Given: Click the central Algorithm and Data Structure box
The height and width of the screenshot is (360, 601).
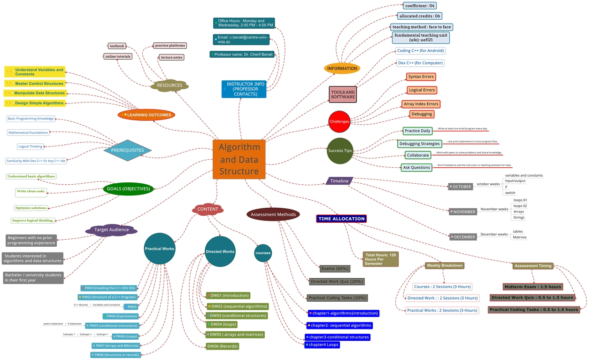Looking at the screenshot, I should [239, 159].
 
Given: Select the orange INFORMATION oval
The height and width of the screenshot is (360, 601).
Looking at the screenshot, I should [342, 68].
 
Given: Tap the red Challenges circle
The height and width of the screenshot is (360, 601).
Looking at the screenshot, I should [339, 121].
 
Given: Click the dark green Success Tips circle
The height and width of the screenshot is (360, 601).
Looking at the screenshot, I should [340, 151].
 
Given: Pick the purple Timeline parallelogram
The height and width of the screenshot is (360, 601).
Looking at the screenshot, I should [339, 181].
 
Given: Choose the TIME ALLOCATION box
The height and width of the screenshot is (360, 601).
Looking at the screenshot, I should [341, 219].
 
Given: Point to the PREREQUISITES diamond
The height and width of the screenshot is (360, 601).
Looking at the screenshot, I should [128, 150].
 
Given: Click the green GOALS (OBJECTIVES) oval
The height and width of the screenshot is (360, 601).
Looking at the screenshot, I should [128, 189].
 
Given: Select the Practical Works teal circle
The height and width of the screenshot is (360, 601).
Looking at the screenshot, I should [160, 249].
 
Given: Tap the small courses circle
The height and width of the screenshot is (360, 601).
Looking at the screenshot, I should [263, 253].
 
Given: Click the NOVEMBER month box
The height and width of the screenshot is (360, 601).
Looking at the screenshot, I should [462, 212].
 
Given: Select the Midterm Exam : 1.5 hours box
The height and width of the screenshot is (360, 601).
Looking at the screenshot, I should [532, 287].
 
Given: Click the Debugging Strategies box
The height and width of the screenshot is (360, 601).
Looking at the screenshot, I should [419, 143].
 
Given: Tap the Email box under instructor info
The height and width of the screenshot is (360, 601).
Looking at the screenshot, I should [242, 39].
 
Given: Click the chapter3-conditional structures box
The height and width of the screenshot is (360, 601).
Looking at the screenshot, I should [338, 337].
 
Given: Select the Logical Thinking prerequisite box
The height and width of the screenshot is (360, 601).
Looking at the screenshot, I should [31, 147].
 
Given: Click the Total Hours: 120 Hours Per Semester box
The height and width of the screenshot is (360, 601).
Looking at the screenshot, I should [380, 259].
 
